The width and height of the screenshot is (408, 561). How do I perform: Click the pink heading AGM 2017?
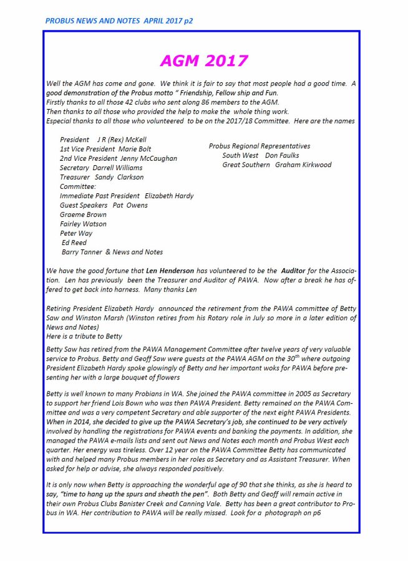(x=203, y=60)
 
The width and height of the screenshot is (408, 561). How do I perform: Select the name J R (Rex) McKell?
(x=122, y=140)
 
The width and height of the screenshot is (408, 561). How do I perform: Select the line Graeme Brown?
(x=83, y=214)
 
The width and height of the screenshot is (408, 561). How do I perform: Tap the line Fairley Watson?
(x=83, y=224)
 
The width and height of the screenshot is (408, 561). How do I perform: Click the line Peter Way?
(x=76, y=233)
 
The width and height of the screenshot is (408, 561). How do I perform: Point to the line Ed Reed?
(x=74, y=242)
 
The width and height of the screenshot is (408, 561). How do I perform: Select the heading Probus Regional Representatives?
(x=260, y=146)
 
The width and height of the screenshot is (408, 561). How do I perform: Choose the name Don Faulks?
(x=282, y=155)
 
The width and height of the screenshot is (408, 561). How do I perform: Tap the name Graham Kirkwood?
(x=303, y=165)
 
